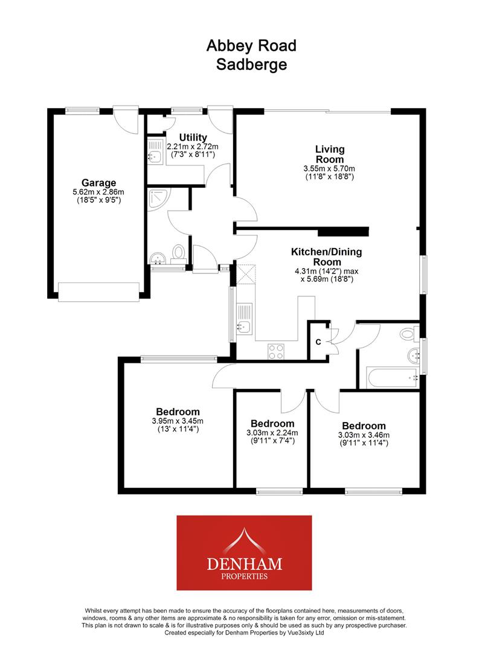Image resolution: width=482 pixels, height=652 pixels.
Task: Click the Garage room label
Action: [x=99, y=183]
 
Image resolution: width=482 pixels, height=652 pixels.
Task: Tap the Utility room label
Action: [x=193, y=138]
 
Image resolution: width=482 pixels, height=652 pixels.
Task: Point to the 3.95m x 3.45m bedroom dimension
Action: [x=178, y=421]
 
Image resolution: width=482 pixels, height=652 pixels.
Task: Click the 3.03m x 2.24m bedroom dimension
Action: [x=272, y=433]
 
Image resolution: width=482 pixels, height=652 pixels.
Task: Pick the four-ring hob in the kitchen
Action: [x=276, y=351]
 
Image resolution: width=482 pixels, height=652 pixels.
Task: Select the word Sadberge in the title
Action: [x=251, y=65]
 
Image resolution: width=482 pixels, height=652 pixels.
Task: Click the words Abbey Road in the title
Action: [x=251, y=45]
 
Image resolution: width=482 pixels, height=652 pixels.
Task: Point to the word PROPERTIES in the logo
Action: [x=243, y=577]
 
